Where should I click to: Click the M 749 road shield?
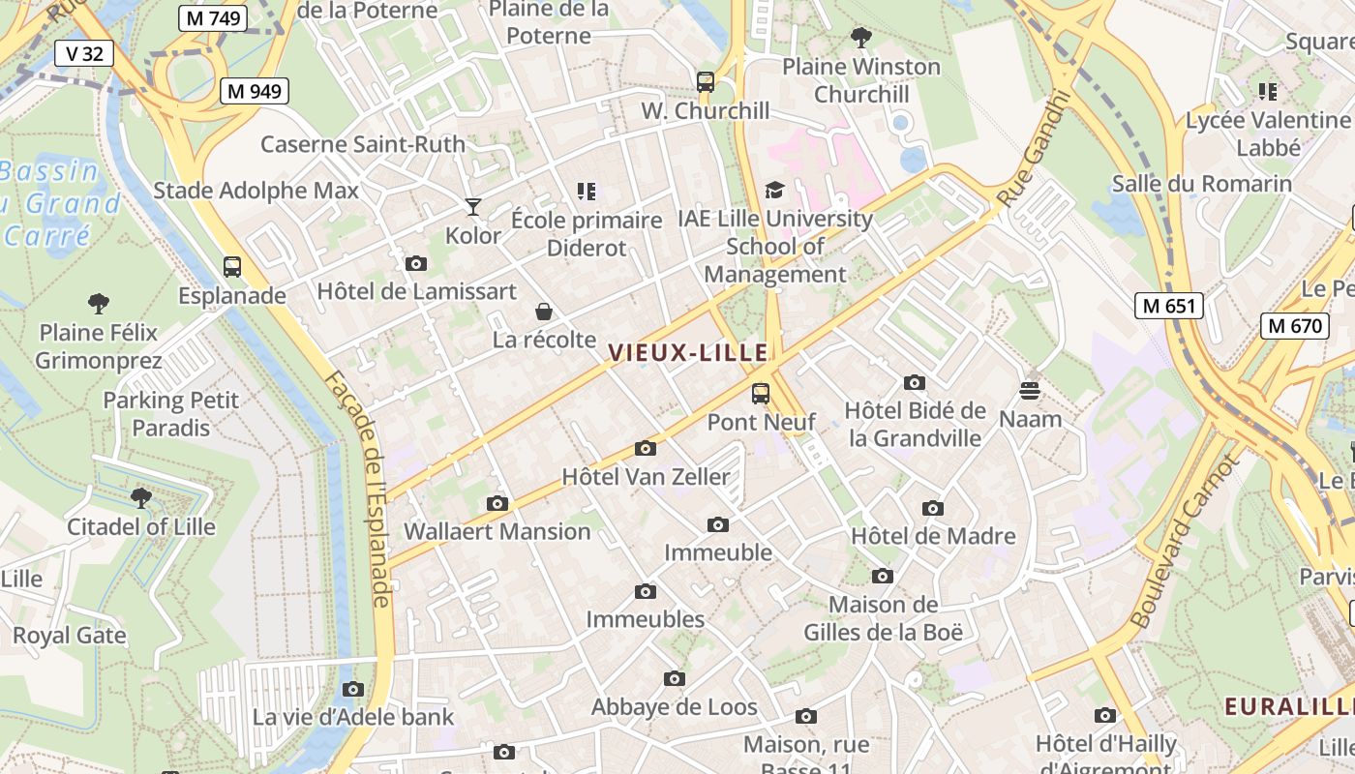coord(213,17)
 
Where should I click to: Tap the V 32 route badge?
coord(84,53)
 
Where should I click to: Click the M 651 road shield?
coord(1168,306)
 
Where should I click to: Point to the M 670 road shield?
coord(1294,325)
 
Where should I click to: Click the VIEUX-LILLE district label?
coord(688,353)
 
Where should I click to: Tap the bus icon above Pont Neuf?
coord(761,393)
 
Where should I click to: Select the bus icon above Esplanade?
coord(232,266)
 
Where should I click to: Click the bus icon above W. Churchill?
coord(706,82)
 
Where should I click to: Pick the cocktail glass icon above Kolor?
coord(472,206)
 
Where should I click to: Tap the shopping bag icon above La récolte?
coord(544,311)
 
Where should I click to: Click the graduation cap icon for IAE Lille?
coord(774,190)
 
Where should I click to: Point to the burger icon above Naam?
coord(1030,390)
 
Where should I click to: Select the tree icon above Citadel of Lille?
coord(141,498)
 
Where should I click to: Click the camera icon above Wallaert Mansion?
coord(497,503)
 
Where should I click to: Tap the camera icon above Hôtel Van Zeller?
coord(646,448)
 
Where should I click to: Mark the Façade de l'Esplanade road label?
coord(372,490)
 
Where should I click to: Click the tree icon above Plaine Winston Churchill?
coord(860,39)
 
